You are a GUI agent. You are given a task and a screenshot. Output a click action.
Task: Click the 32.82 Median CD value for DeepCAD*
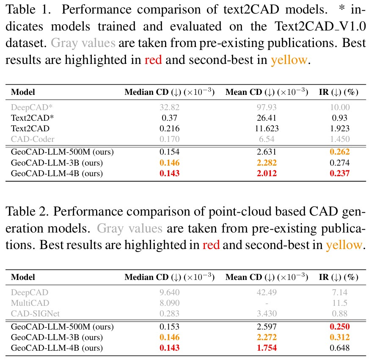point(169,108)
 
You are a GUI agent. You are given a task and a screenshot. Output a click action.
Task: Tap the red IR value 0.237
point(338,173)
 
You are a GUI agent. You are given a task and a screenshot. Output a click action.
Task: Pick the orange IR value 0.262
point(338,152)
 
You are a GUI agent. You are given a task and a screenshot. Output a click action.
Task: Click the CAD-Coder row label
point(33,139)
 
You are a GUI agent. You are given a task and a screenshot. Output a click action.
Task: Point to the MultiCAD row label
point(30,303)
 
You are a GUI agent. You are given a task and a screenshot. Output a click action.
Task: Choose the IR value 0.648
point(338,348)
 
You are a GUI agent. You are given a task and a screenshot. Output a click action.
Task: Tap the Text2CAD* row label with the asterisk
point(29,118)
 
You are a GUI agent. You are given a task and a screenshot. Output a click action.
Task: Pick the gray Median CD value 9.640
point(169,292)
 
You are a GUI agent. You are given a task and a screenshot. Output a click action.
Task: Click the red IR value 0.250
point(338,327)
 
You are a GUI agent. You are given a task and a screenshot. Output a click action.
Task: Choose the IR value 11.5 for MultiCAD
point(338,303)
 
